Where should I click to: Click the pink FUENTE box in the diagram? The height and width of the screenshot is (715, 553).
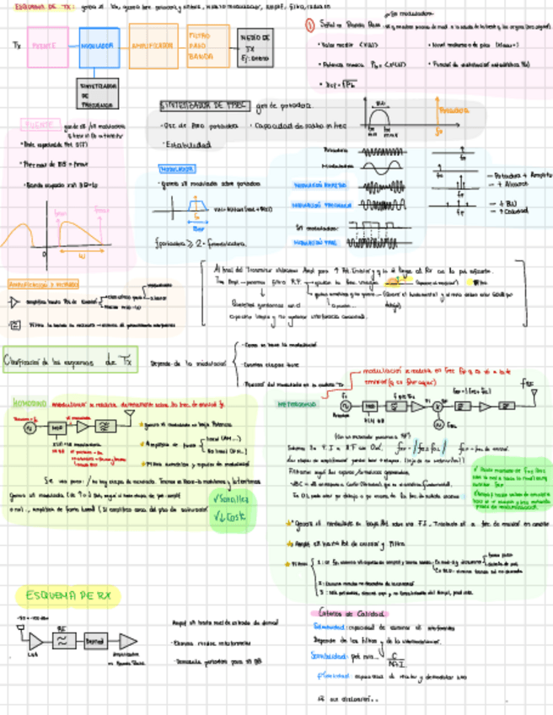point(47,47)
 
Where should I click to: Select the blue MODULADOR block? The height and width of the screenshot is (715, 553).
point(99,47)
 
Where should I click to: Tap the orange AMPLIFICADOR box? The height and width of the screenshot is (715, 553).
point(153,47)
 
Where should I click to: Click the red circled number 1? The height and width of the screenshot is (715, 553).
point(310,26)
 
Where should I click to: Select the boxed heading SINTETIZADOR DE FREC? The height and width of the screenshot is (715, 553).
point(205,106)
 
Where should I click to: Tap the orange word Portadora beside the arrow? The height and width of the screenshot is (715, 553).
point(454,110)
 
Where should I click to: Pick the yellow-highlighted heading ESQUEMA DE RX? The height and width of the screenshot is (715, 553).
point(68,595)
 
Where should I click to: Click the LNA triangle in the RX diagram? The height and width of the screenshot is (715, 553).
point(35,641)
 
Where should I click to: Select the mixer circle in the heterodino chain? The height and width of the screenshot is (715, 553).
point(438,406)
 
